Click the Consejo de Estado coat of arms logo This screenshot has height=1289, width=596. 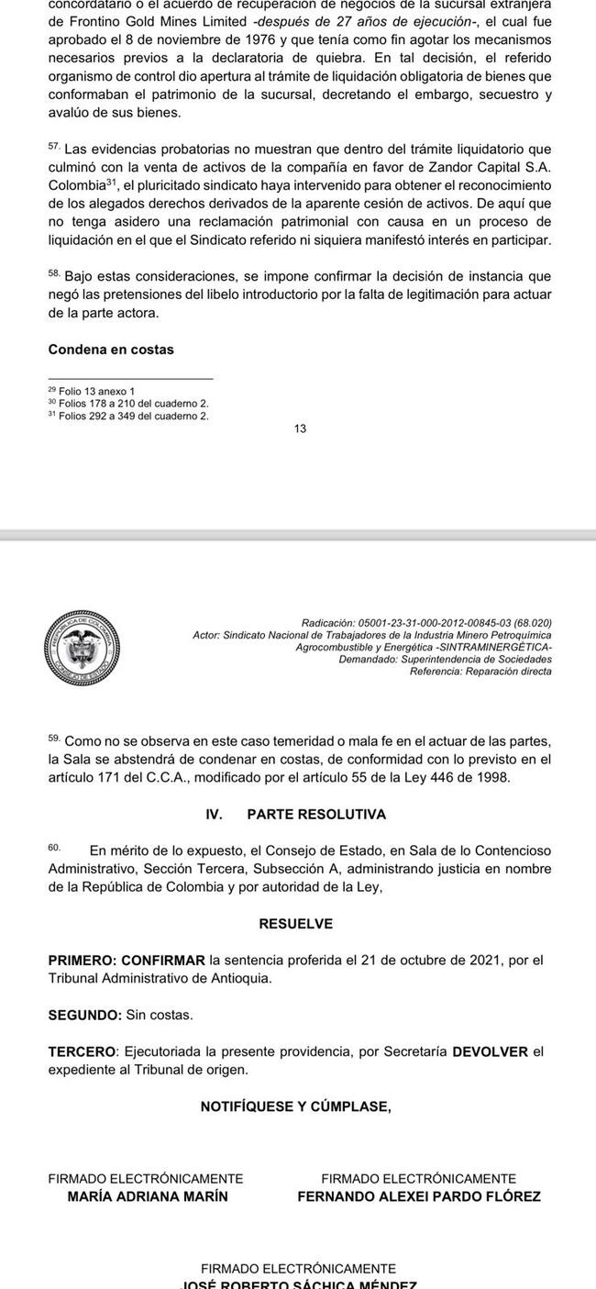click(83, 646)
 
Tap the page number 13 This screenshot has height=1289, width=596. click(300, 428)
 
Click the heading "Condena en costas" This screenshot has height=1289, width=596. click(111, 350)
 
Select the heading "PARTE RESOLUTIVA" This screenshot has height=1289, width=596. click(316, 814)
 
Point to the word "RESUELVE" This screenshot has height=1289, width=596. click(296, 924)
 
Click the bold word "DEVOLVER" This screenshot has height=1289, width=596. click(491, 1051)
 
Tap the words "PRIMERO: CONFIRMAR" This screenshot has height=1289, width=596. click(127, 961)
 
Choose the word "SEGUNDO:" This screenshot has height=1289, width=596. click(84, 1015)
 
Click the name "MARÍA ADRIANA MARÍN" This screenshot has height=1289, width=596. click(148, 1196)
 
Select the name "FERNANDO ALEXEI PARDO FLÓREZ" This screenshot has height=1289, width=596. click(419, 1196)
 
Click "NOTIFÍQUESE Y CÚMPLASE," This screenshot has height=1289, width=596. click(295, 1106)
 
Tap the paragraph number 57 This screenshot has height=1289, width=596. click(53, 147)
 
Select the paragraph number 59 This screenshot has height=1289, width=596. click(53, 737)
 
